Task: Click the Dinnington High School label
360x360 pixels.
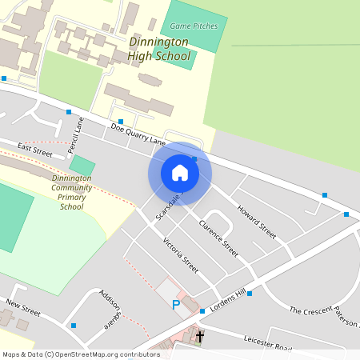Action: click(159, 49)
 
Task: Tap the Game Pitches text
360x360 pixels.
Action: click(189, 26)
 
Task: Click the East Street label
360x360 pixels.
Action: click(34, 150)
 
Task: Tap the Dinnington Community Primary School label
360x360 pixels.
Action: click(71, 192)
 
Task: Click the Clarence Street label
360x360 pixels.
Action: click(218, 238)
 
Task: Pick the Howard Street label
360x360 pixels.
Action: click(256, 221)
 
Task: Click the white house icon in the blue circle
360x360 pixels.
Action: click(179, 173)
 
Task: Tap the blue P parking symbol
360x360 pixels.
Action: click(176, 305)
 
